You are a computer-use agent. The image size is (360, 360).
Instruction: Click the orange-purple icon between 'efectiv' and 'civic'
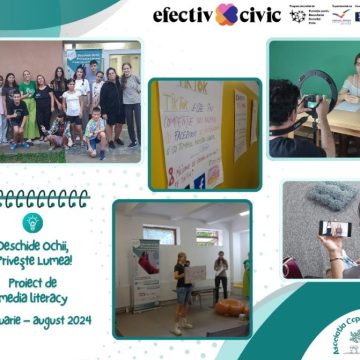coord(226,14)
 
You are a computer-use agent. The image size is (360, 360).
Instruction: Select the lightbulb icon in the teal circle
coord(32,223)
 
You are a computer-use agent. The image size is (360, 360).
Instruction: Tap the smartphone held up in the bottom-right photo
coord(331,229)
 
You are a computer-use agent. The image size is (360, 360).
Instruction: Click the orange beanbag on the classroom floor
coord(231,307)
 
